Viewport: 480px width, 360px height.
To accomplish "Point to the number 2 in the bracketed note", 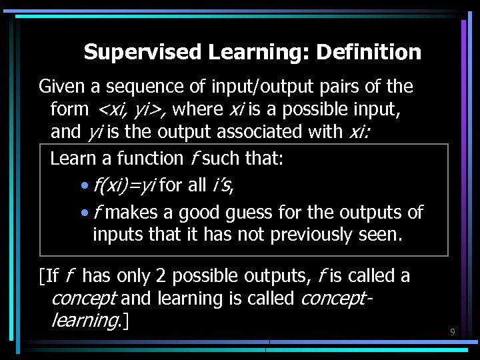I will click(x=161, y=276).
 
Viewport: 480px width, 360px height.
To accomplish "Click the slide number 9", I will click(x=452, y=331).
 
